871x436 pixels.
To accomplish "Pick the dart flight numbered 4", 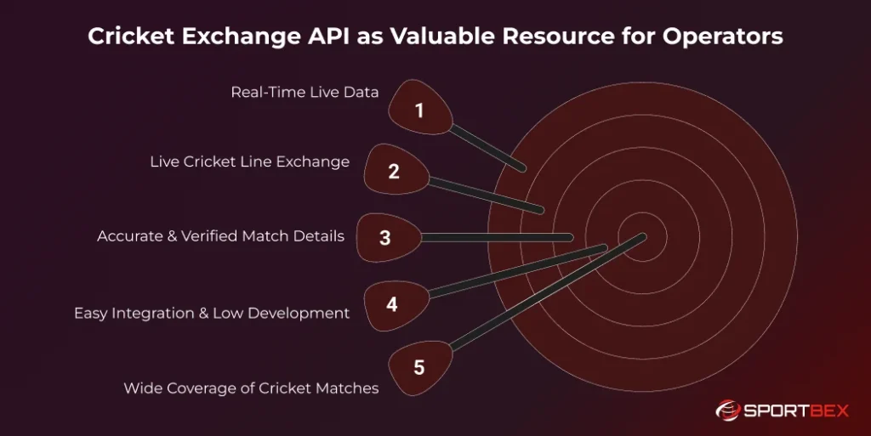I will (x=392, y=303).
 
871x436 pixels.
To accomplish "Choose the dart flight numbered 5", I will (x=418, y=366).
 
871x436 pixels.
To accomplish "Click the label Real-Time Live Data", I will (x=305, y=92).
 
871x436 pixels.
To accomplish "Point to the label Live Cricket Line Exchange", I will (x=249, y=161).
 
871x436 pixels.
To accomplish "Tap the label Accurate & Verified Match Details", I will (x=220, y=236).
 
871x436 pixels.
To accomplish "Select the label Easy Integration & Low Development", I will (x=211, y=313).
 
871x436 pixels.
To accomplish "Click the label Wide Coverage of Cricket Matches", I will (x=251, y=388).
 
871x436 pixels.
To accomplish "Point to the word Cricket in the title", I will (x=127, y=37).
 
